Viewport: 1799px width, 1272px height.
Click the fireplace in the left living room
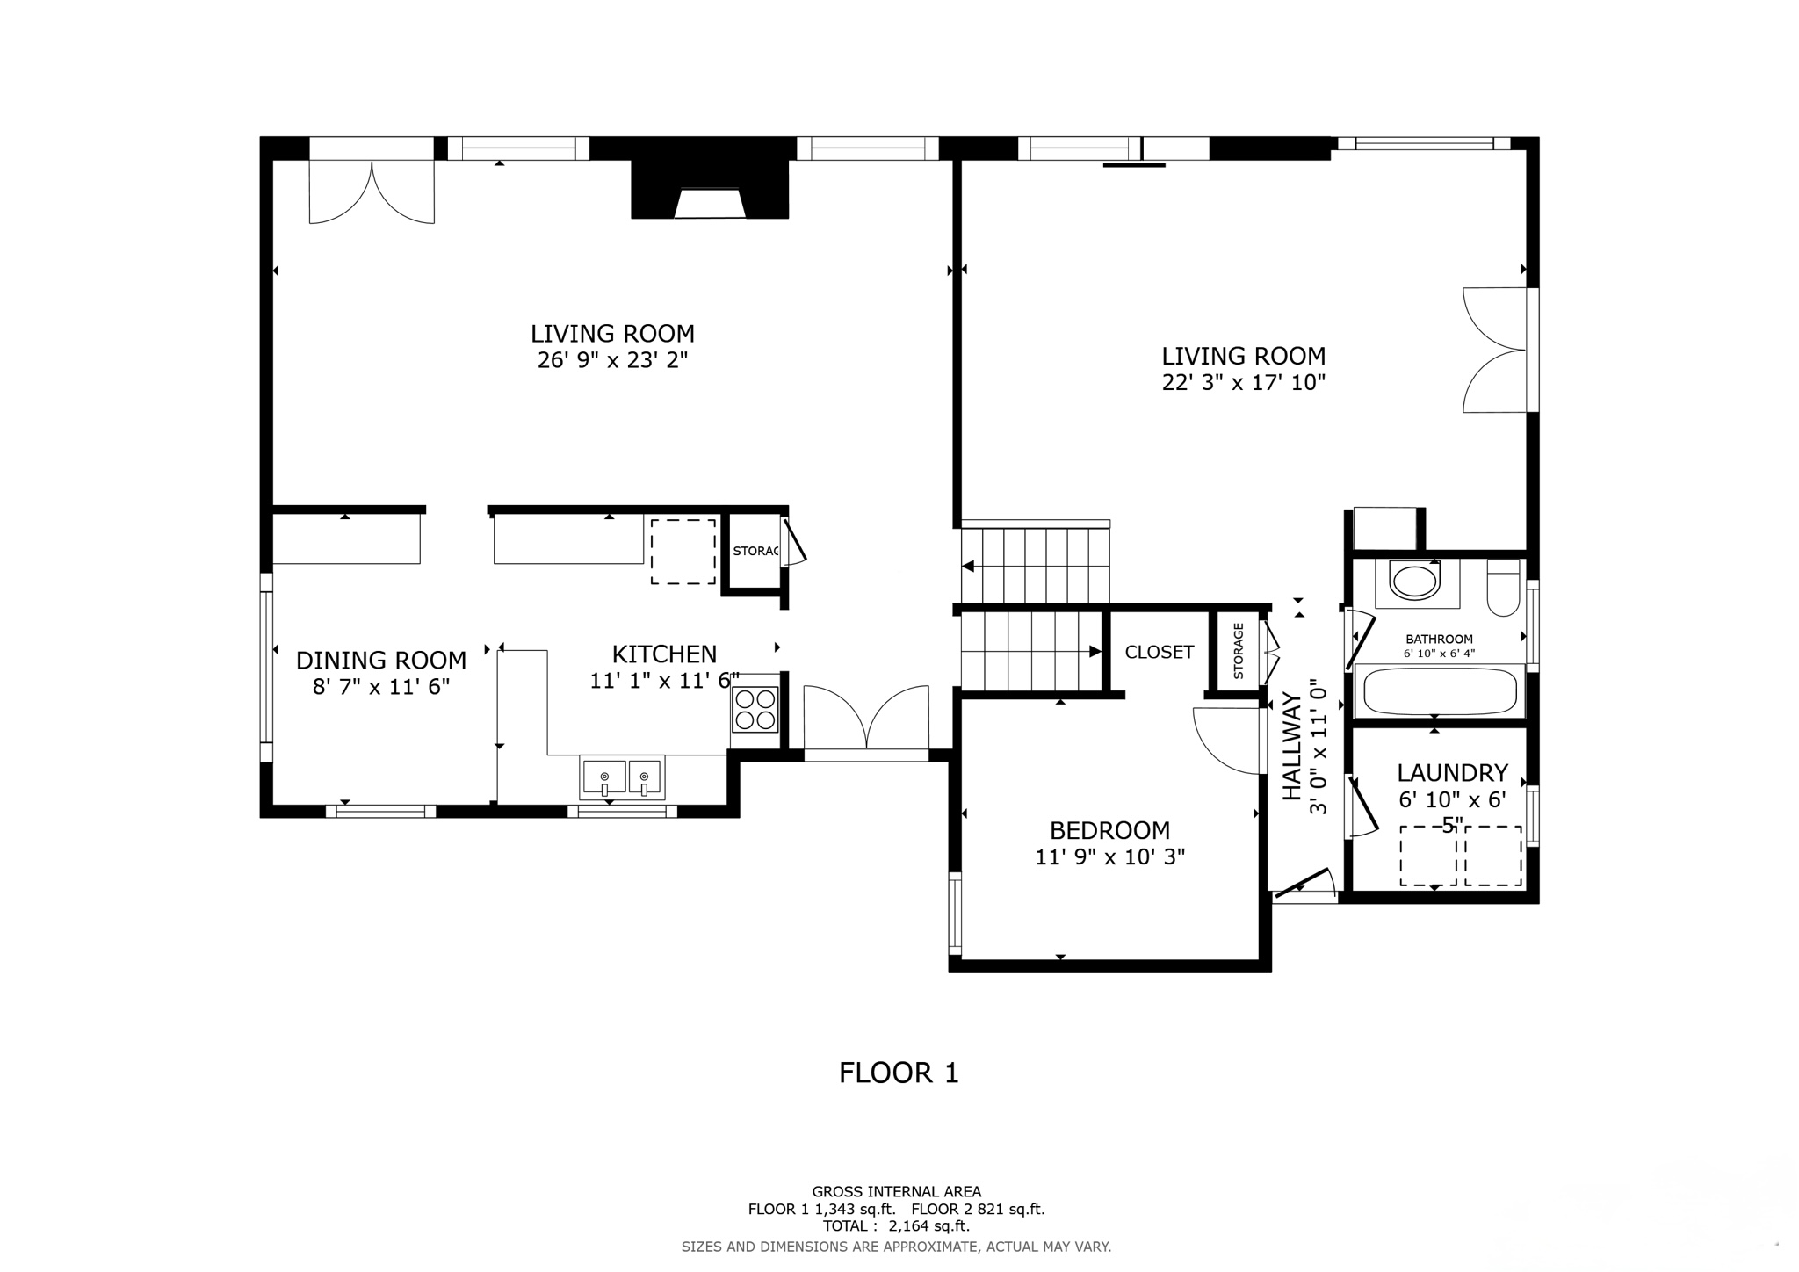(x=710, y=192)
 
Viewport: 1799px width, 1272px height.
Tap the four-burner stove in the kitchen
(x=755, y=710)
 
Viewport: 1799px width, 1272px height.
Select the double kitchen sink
(x=622, y=777)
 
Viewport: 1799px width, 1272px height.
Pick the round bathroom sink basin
(x=1414, y=582)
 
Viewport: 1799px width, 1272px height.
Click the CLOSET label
(x=1159, y=652)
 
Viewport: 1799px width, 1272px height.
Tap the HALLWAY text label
(x=1291, y=747)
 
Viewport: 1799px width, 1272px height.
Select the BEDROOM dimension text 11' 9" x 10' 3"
(x=1109, y=857)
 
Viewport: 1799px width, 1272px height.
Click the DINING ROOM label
(x=380, y=660)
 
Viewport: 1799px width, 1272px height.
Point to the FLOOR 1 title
(x=898, y=1073)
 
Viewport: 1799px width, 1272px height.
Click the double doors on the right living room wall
(x=1496, y=350)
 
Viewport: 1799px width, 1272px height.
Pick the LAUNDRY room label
(x=1452, y=773)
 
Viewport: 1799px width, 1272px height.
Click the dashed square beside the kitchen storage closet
(x=683, y=552)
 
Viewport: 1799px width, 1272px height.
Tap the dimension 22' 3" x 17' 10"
(x=1243, y=382)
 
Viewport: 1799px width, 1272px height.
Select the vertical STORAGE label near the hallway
(x=1239, y=651)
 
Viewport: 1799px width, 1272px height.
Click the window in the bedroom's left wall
(x=955, y=913)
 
